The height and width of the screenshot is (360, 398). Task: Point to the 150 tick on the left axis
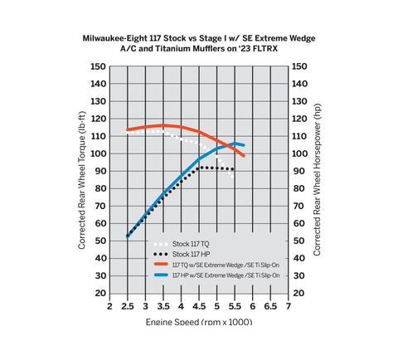coord(99,66)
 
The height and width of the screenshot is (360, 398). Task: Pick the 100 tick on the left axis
coord(99,154)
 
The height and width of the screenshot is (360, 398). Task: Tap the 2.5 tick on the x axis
coord(127,306)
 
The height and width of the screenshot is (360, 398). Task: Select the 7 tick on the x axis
coord(287,306)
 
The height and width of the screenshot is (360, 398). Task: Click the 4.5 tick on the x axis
coord(198,306)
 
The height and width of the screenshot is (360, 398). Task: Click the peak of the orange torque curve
coord(163,125)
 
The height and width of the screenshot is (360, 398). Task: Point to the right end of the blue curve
coord(243,145)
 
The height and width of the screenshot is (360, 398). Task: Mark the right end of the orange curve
coord(244,155)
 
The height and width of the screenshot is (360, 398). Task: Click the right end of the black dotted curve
coord(233,169)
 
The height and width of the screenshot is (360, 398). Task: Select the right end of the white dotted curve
coord(233,176)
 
